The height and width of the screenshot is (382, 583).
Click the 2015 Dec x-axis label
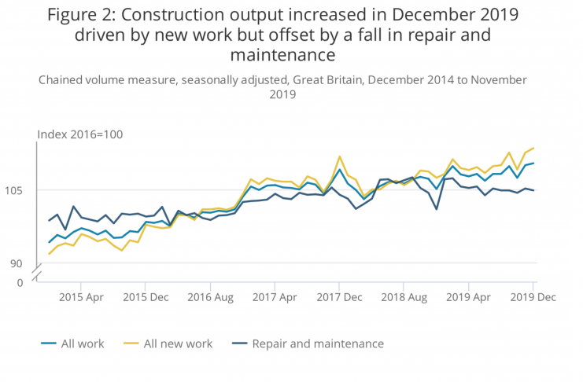click(x=146, y=297)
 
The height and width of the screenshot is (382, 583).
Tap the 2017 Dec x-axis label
click(x=339, y=297)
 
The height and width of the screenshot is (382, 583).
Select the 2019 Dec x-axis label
click(x=533, y=297)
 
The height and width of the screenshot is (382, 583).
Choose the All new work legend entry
click(x=178, y=343)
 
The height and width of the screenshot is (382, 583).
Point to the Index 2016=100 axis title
click(x=80, y=134)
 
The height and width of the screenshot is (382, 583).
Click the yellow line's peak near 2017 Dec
click(x=339, y=156)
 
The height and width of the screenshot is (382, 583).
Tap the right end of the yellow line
click(x=534, y=148)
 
